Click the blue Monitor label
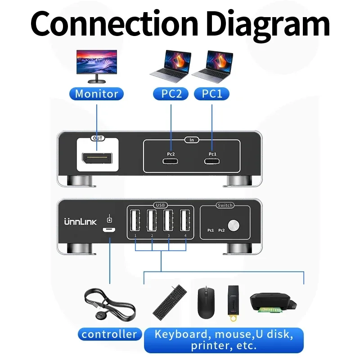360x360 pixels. (96, 94)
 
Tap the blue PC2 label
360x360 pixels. (171, 94)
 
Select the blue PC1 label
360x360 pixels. (211, 94)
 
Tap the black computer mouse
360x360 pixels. (205, 301)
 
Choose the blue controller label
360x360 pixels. (109, 334)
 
